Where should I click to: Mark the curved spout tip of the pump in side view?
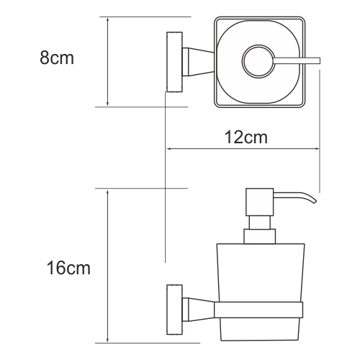click(312, 199)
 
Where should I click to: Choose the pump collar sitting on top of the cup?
click(259, 236)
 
